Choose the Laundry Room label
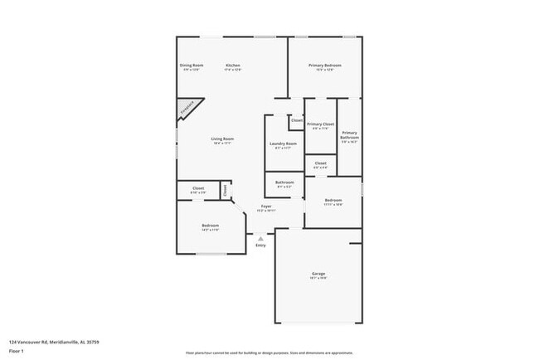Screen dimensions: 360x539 [284, 145]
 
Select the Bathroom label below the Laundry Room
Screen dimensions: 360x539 [284, 183]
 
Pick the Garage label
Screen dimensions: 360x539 [318, 275]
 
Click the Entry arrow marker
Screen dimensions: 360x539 [260, 238]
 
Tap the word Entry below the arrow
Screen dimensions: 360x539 [260, 246]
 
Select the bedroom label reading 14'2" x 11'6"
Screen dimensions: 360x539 [211, 227]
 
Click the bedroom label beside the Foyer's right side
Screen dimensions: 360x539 [333, 202]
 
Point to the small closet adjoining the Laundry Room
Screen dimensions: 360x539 [296, 121]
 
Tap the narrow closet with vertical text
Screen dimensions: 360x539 [225, 190]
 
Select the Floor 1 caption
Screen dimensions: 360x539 [16, 351]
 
